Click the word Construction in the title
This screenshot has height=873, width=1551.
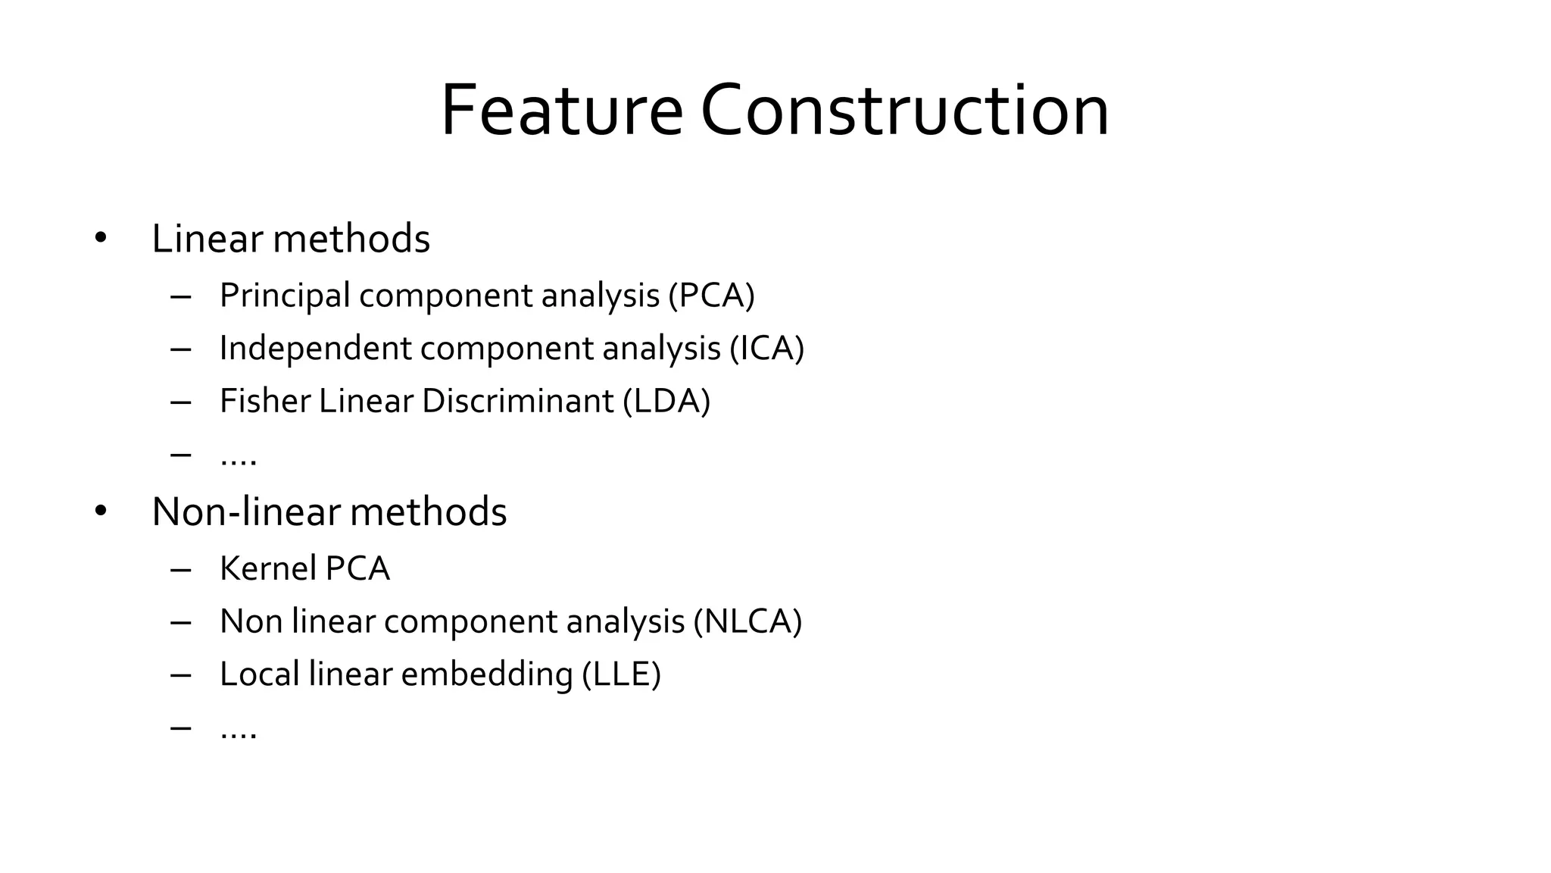tap(904, 111)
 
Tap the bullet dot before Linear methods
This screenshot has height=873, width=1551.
tap(101, 239)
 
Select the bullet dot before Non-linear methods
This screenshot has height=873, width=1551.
tap(101, 512)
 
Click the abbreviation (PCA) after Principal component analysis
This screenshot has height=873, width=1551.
tap(712, 296)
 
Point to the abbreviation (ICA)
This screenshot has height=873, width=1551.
tap(766, 349)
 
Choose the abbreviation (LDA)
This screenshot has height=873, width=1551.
tap(666, 402)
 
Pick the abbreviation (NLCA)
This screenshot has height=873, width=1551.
tap(747, 621)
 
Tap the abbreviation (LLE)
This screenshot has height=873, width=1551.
tap(622, 674)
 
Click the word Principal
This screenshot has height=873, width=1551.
tap(285, 296)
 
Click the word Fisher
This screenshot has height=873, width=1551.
tap(264, 402)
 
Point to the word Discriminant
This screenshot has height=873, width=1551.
tap(517, 402)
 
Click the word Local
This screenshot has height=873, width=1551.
tap(259, 674)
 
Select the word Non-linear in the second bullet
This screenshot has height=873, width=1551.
tap(247, 512)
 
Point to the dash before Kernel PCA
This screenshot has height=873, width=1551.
tap(181, 569)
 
